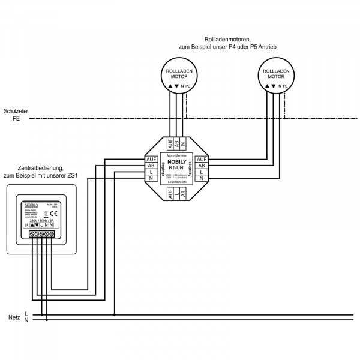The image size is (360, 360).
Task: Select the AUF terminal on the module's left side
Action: tap(151, 160)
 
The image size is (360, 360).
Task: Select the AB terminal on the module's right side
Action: tap(202, 166)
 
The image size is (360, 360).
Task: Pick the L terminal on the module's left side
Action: tap(151, 172)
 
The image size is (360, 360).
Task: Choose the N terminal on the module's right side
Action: tap(202, 179)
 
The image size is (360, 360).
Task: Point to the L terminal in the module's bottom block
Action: tap(177, 193)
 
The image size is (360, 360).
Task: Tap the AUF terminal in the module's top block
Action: tap(170, 144)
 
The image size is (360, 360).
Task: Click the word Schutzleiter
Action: tap(19, 112)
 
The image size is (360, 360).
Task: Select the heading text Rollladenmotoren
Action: tap(227, 38)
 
